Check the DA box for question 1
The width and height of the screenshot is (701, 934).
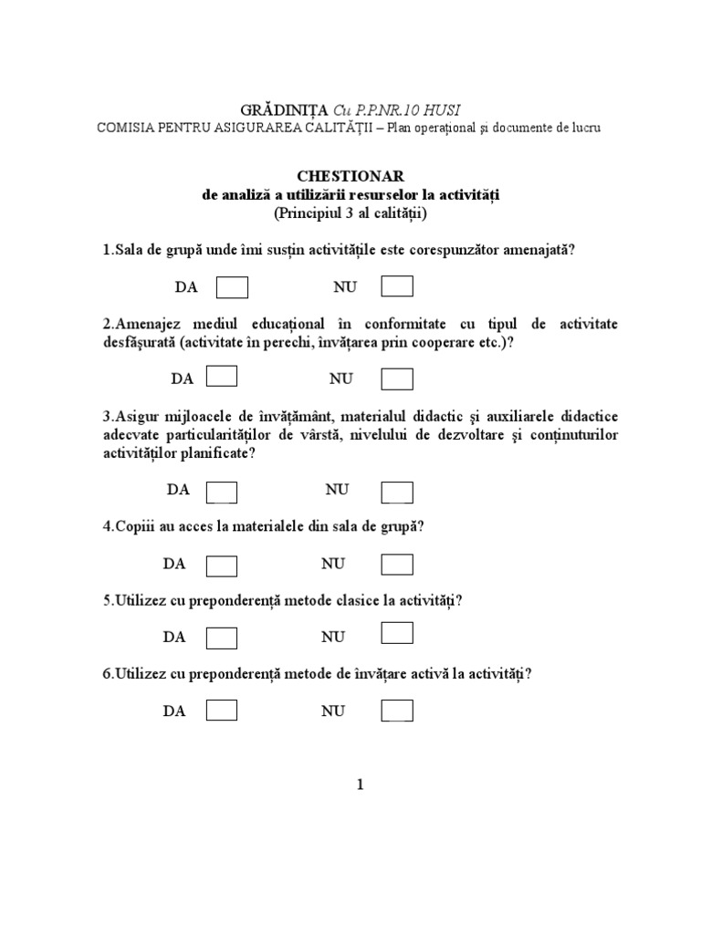[232, 287]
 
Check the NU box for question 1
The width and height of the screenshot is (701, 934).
[397, 287]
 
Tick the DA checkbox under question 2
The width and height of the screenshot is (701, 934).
[223, 377]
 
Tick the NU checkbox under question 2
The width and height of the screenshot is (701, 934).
[397, 378]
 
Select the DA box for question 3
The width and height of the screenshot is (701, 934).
[223, 491]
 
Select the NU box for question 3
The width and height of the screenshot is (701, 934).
[397, 491]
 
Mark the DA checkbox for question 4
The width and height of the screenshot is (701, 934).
[223, 565]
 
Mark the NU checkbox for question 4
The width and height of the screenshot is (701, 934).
[397, 565]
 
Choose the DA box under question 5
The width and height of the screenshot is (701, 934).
[223, 638]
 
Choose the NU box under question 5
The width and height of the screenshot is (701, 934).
[397, 633]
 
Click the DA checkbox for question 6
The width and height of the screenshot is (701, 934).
[223, 711]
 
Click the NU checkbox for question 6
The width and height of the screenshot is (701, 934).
[397, 711]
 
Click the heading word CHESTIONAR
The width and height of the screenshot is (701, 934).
[350, 175]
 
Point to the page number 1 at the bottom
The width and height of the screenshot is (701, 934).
[360, 785]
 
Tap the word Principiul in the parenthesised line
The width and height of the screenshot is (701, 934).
[310, 214]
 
